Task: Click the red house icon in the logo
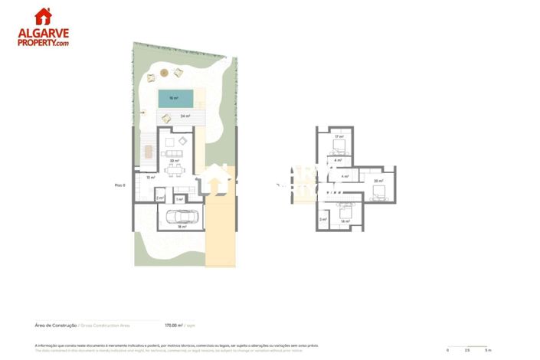[44, 16]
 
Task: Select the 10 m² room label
[150, 178]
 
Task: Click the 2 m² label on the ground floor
[160, 198]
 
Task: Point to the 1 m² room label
[179, 199]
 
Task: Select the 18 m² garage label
[182, 227]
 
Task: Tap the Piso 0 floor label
[119, 185]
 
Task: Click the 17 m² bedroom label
[337, 136]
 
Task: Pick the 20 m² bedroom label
[378, 181]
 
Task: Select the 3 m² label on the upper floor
[322, 219]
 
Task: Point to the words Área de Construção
[56, 324]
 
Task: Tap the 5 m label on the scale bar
[487, 350]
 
